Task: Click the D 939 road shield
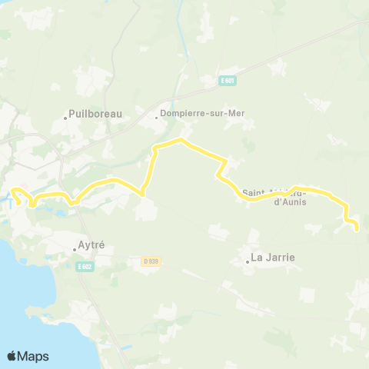pos(150,261)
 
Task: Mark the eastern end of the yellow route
pos(357,228)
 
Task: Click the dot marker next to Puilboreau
pos(65,118)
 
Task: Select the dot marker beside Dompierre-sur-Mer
pos(156,118)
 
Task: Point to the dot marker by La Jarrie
pos(248,261)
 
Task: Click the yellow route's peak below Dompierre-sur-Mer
pos(180,140)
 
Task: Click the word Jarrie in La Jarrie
pos(280,258)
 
